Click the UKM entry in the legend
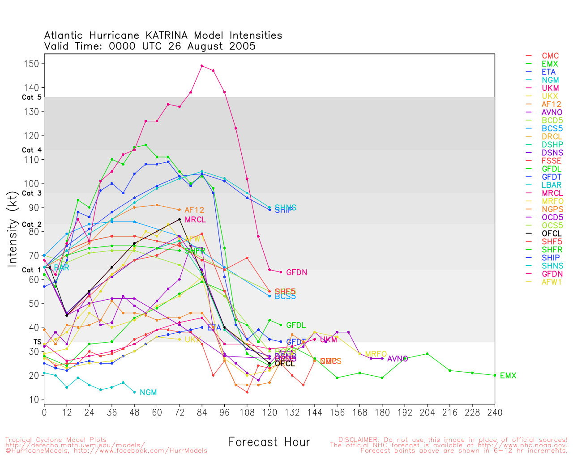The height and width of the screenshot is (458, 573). click(x=550, y=88)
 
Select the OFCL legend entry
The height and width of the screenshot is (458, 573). click(x=551, y=233)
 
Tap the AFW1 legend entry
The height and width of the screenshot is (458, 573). click(x=552, y=282)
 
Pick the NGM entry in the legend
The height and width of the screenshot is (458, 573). click(x=550, y=80)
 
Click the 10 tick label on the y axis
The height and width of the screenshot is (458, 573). click(x=34, y=399)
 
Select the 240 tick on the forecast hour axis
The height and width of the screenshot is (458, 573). click(x=495, y=412)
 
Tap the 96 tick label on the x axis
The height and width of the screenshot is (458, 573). click(x=224, y=412)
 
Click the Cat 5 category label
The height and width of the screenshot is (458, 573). click(x=32, y=98)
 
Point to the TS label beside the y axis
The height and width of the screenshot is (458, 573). click(x=37, y=342)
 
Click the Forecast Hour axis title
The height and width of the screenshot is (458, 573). click(x=269, y=442)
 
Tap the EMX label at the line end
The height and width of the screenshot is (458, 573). click(x=508, y=376)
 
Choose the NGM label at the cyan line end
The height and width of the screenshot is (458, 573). click(x=148, y=393)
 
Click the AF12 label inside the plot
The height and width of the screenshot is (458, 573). click(x=194, y=210)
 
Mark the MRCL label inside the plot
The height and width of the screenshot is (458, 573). click(x=195, y=220)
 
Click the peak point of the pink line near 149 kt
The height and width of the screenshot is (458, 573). click(x=202, y=66)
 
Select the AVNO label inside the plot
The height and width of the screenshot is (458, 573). click(x=398, y=359)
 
